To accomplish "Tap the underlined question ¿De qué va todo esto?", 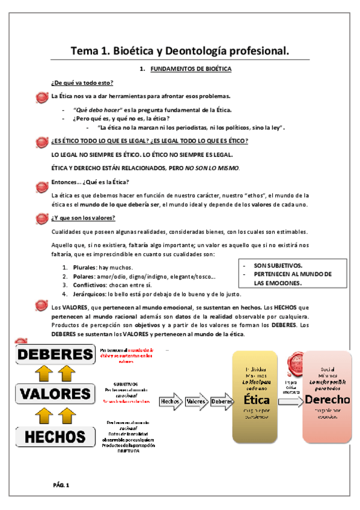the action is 83,82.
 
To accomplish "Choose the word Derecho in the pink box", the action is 327,400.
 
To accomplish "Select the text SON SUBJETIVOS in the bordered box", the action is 277,265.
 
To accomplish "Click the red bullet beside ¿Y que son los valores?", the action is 41,218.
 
